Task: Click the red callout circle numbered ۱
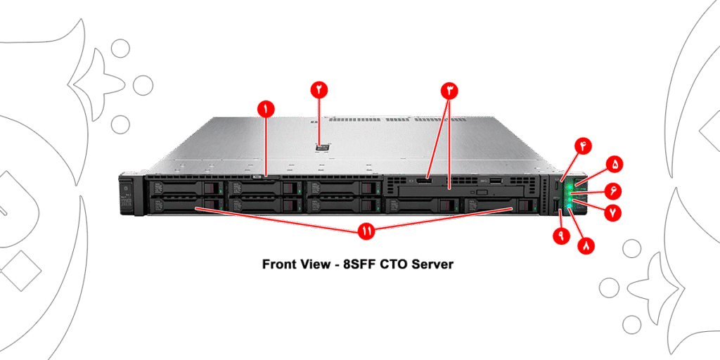pos(265,108)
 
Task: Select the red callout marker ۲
pos(319,89)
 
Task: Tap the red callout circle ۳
pos(449,90)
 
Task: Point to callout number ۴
pos(583,146)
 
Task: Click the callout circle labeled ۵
pos(615,164)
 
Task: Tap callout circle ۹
pos(561,235)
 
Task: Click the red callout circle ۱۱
pos(366,231)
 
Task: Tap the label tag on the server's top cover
pos(323,148)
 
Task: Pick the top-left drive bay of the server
pos(184,188)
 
